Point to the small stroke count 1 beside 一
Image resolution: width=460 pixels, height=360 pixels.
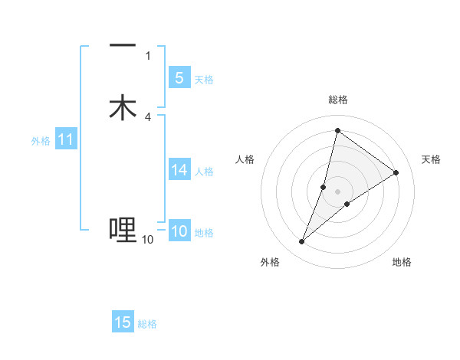pyautogui.click(x=148, y=56)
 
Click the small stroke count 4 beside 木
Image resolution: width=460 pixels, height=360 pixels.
pyautogui.click(x=148, y=117)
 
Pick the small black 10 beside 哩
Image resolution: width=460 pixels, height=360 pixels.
pyautogui.click(x=147, y=240)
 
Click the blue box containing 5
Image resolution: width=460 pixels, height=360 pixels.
pyautogui.click(x=179, y=77)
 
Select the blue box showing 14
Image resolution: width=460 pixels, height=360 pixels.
pyautogui.click(x=179, y=169)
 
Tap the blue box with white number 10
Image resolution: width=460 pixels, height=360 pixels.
pyautogui.click(x=179, y=231)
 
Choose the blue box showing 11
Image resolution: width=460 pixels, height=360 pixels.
pyautogui.click(x=66, y=139)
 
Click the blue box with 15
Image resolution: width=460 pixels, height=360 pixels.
pyautogui.click(x=123, y=322)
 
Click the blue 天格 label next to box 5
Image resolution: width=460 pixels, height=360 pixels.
pyautogui.click(x=204, y=80)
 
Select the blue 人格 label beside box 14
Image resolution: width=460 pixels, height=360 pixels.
pyautogui.click(x=204, y=172)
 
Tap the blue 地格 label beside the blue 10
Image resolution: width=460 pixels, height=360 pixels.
pyautogui.click(x=204, y=233)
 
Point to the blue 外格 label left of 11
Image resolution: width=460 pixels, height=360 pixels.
pyautogui.click(x=41, y=141)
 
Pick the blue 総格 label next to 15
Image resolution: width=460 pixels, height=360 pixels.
pyautogui.click(x=147, y=325)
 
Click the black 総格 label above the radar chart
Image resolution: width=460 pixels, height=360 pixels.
pyautogui.click(x=338, y=100)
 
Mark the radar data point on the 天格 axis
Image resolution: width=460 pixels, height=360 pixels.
pyautogui.click(x=396, y=172)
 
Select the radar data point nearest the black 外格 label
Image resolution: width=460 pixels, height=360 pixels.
pyautogui.click(x=302, y=242)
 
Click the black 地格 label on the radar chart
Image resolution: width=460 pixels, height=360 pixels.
pyautogui.click(x=402, y=263)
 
